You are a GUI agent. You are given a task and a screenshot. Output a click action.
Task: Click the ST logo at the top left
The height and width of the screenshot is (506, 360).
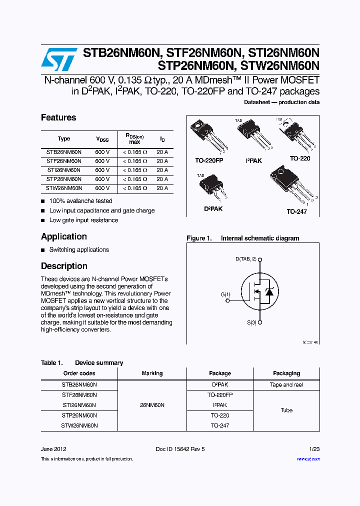(x=58, y=59)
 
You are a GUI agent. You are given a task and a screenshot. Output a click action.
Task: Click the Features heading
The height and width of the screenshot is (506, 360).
(x=58, y=117)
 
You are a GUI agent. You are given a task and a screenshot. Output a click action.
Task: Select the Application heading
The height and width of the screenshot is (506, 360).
(x=64, y=236)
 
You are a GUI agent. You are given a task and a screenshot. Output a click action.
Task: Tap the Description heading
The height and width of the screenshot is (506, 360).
(x=64, y=266)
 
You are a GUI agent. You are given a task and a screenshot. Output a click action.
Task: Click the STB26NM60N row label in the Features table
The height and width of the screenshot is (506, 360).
(x=64, y=152)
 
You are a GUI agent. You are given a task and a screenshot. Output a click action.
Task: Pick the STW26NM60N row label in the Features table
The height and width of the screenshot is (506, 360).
(x=64, y=188)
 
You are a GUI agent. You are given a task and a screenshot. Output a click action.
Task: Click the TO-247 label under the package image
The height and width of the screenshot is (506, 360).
(x=296, y=212)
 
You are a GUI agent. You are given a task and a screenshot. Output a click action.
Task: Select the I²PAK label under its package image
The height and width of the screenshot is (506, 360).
(x=253, y=161)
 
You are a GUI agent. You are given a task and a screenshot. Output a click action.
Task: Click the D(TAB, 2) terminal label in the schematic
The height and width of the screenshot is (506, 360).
(x=246, y=258)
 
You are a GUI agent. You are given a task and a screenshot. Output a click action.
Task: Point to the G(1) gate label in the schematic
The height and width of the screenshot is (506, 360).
(x=225, y=294)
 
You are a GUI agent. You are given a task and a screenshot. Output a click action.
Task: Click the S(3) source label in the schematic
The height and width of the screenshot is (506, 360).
(x=251, y=322)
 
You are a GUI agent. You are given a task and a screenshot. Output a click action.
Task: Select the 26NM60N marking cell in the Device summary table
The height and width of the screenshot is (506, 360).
(x=152, y=405)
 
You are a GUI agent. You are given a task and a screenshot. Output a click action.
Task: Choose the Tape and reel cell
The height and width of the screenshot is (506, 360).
(x=286, y=385)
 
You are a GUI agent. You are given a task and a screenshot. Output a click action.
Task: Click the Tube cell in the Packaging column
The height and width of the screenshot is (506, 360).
(x=286, y=410)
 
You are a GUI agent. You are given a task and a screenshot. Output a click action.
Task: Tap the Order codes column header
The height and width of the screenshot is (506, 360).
(x=79, y=373)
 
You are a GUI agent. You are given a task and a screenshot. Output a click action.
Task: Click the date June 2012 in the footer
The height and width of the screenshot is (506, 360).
(x=53, y=449)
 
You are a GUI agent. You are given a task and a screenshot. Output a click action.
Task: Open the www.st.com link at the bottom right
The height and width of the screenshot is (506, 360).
(x=308, y=459)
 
